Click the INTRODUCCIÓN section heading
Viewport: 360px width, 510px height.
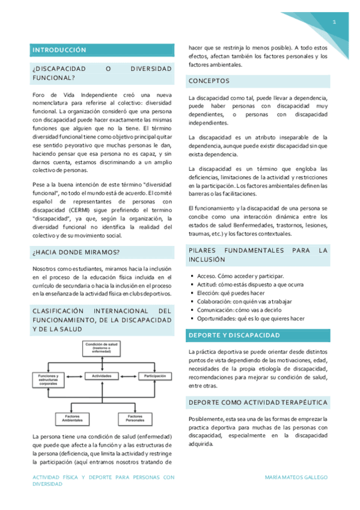click(59, 50)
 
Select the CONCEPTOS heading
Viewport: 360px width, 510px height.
click(209, 81)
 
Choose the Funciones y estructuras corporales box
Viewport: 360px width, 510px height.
click(48, 379)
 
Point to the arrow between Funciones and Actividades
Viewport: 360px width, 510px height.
click(75, 376)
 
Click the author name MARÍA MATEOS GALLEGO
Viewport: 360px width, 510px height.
click(296, 477)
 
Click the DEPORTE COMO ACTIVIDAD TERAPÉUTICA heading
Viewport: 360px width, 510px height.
click(258, 402)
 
